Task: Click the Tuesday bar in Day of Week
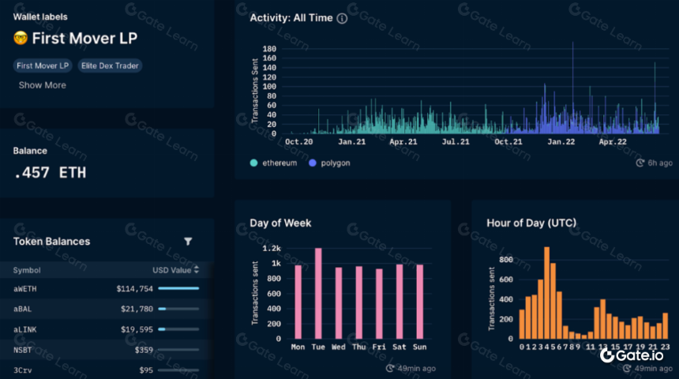[318, 293]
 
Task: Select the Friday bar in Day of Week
[379, 304]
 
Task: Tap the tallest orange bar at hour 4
[547, 293]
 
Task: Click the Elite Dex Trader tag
[110, 66]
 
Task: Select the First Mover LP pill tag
[43, 66]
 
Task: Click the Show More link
[43, 85]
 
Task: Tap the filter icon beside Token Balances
[188, 242]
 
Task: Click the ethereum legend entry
[274, 163]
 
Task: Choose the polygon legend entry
[329, 163]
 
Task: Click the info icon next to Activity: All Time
[342, 18]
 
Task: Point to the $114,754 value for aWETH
[135, 288]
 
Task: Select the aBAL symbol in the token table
[23, 309]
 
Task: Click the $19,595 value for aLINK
[137, 329]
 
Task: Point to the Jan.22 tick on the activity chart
[561, 141]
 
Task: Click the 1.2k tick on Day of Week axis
[272, 248]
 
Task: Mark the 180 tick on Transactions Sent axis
[269, 48]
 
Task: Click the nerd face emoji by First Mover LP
[21, 38]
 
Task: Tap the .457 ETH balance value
[50, 173]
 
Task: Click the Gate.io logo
[632, 355]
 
